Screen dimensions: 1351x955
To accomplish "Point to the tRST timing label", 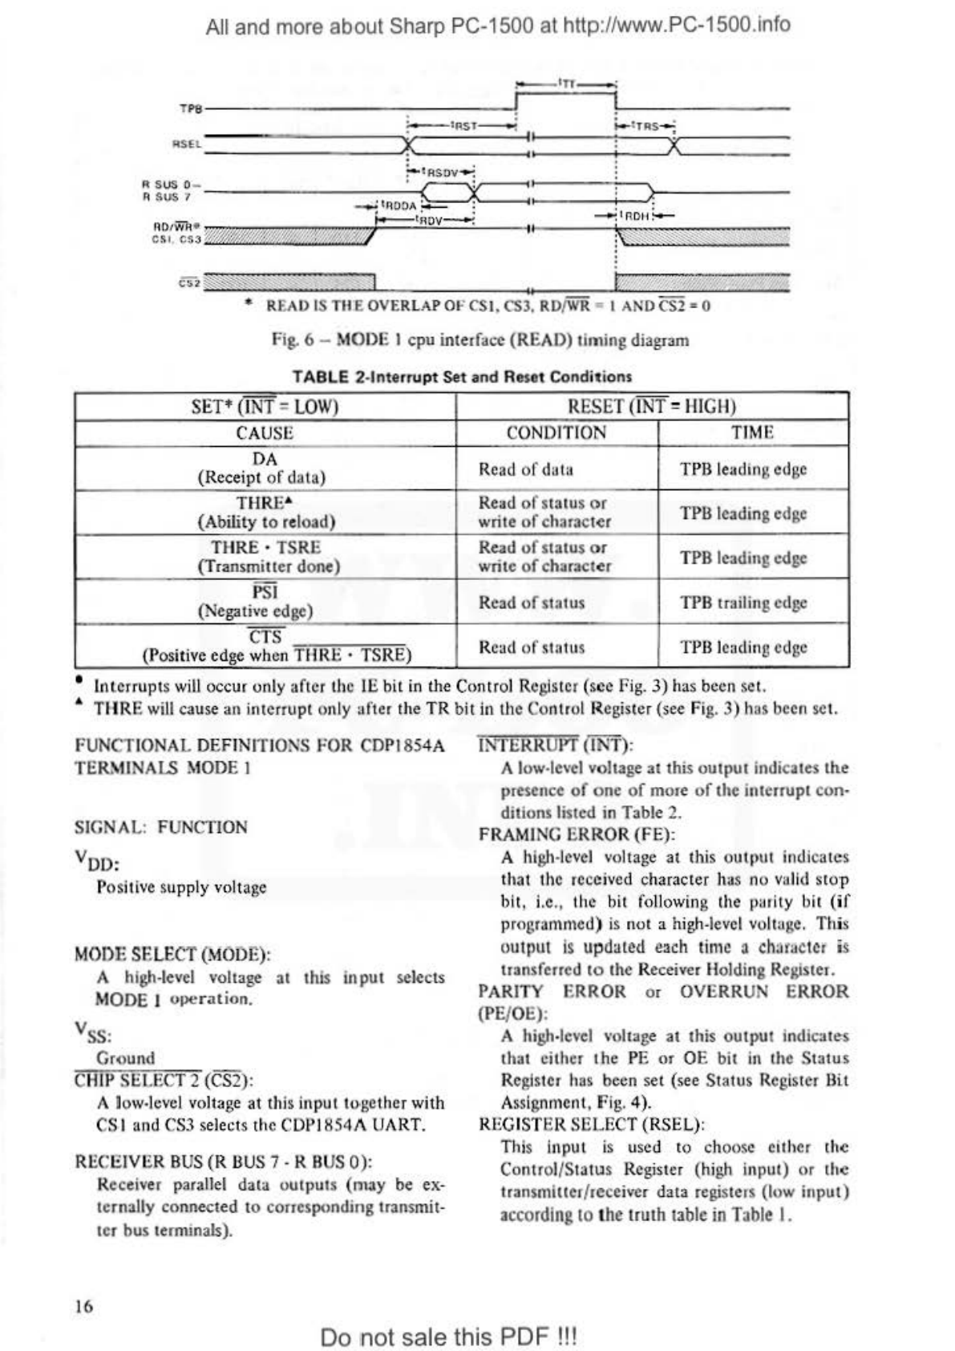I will [x=464, y=125].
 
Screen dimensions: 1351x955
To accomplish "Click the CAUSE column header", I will [x=265, y=433].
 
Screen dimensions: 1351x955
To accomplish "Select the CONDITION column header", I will [x=556, y=433].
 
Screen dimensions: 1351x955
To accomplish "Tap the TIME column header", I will [x=752, y=433].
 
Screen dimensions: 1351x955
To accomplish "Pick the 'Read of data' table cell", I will [x=526, y=469].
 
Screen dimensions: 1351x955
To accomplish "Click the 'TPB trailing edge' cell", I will [x=743, y=602].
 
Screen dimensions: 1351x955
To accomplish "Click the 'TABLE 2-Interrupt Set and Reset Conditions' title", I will [x=462, y=376].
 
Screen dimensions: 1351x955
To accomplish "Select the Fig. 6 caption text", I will [x=480, y=340].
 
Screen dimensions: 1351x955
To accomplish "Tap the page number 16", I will [x=83, y=1306].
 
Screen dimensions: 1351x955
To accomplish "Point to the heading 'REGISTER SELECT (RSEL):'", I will [x=591, y=1125].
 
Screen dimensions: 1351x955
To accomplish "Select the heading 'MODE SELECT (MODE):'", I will [x=172, y=955].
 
